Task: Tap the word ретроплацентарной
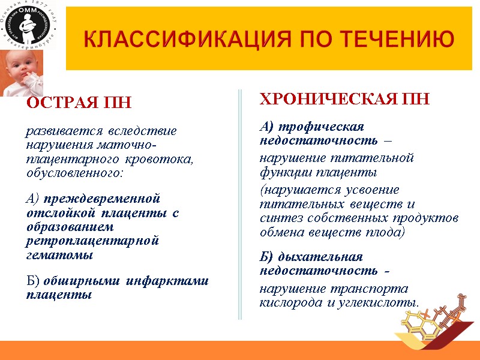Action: pyautogui.click(x=92, y=241)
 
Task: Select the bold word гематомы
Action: pyautogui.click(x=59, y=255)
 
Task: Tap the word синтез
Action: pyautogui.click(x=278, y=218)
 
